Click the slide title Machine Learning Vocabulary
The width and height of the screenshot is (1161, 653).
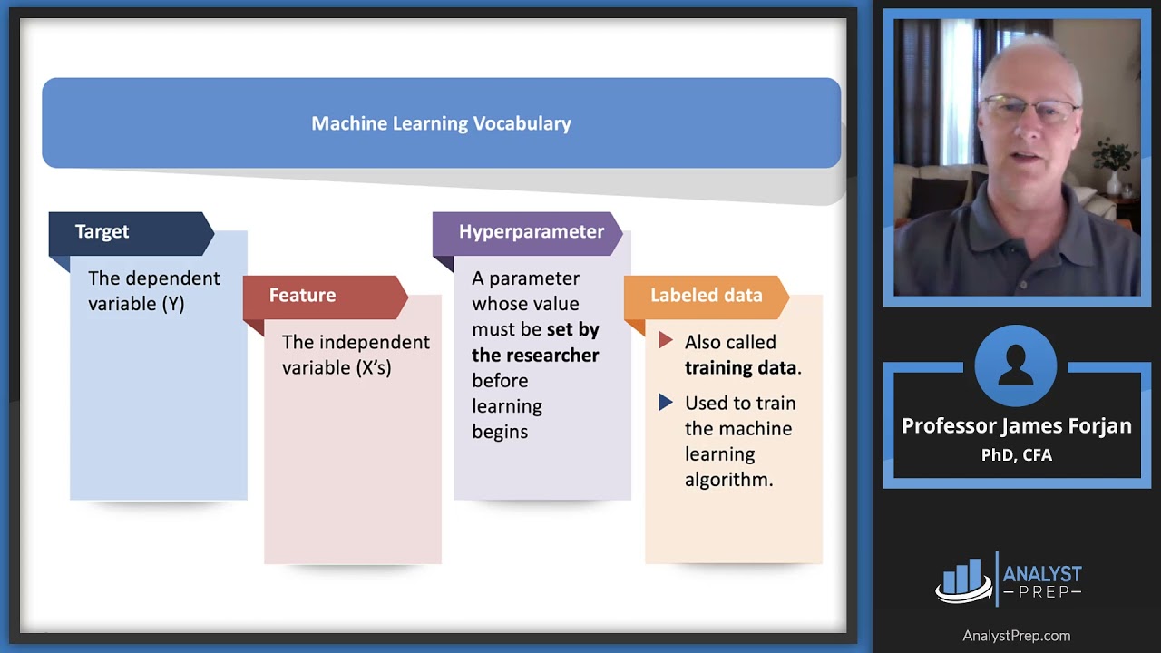[x=441, y=123]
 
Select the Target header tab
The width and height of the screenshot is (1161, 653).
[x=102, y=231]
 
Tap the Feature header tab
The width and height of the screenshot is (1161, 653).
[x=302, y=295]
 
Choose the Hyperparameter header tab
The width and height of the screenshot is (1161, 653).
[x=531, y=231]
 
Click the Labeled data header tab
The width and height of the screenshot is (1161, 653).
[x=706, y=295]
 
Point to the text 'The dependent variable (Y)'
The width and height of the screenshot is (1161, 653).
[x=153, y=291]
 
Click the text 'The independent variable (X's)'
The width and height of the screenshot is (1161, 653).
[x=355, y=355]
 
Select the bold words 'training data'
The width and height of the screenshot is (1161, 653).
[x=740, y=367]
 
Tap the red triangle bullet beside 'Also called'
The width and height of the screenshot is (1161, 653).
[x=666, y=341]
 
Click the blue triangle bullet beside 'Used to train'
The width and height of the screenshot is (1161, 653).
[x=666, y=402]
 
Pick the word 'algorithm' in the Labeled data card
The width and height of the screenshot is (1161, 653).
[x=728, y=480]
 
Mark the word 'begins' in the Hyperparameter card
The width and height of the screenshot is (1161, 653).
[x=499, y=432]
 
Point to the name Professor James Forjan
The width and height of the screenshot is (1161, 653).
[x=1016, y=426]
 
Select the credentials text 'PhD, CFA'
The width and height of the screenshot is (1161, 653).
[x=1016, y=455]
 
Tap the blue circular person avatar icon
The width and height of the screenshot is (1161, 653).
[x=1016, y=365]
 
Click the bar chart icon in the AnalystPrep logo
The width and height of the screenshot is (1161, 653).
[x=962, y=580]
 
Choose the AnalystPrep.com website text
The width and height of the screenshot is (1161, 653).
[x=1016, y=636]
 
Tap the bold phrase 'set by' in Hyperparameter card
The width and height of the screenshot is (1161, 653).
[x=572, y=329]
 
